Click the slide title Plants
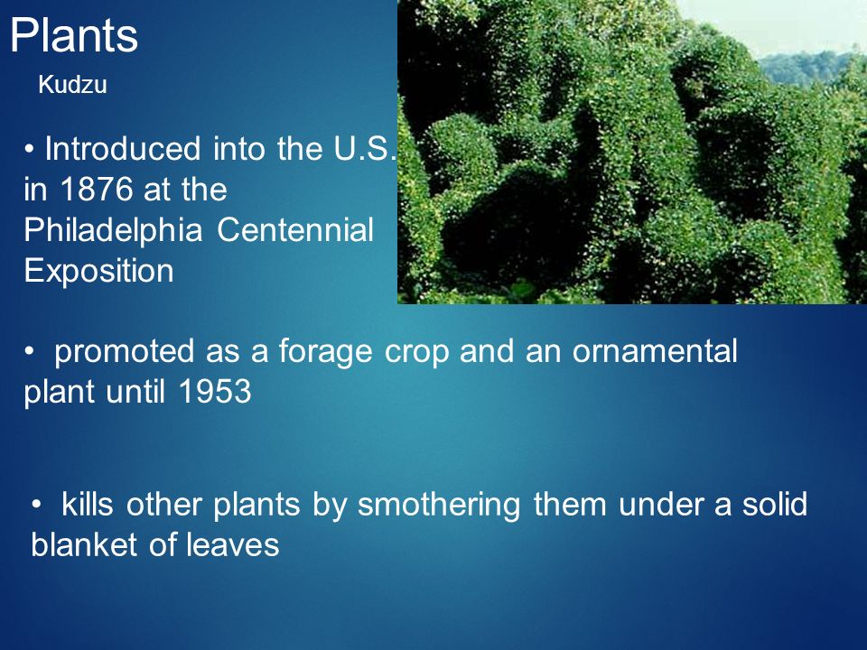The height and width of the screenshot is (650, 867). pyautogui.click(x=73, y=35)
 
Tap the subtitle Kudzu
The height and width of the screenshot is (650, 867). pyautogui.click(x=72, y=85)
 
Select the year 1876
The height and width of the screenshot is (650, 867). pyautogui.click(x=96, y=190)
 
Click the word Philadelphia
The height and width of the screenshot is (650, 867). pyautogui.click(x=113, y=230)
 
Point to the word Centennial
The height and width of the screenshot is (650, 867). pyautogui.click(x=295, y=230)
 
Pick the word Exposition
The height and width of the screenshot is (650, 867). pyautogui.click(x=99, y=272)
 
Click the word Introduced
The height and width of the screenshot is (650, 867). pyautogui.click(x=123, y=149)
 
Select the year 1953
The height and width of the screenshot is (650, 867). pyautogui.click(x=215, y=392)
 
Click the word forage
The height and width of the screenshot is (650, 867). pyautogui.click(x=325, y=351)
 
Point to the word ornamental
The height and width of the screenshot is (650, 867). pyautogui.click(x=655, y=351)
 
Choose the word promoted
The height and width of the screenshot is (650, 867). pyautogui.click(x=125, y=352)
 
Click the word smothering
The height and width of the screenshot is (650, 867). pyautogui.click(x=439, y=506)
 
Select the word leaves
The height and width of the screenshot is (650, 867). pyautogui.click(x=233, y=545)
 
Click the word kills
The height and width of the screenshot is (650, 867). pyautogui.click(x=88, y=504)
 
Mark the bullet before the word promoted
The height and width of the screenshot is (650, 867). pyautogui.click(x=29, y=352)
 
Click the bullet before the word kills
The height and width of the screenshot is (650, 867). pyautogui.click(x=36, y=505)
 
